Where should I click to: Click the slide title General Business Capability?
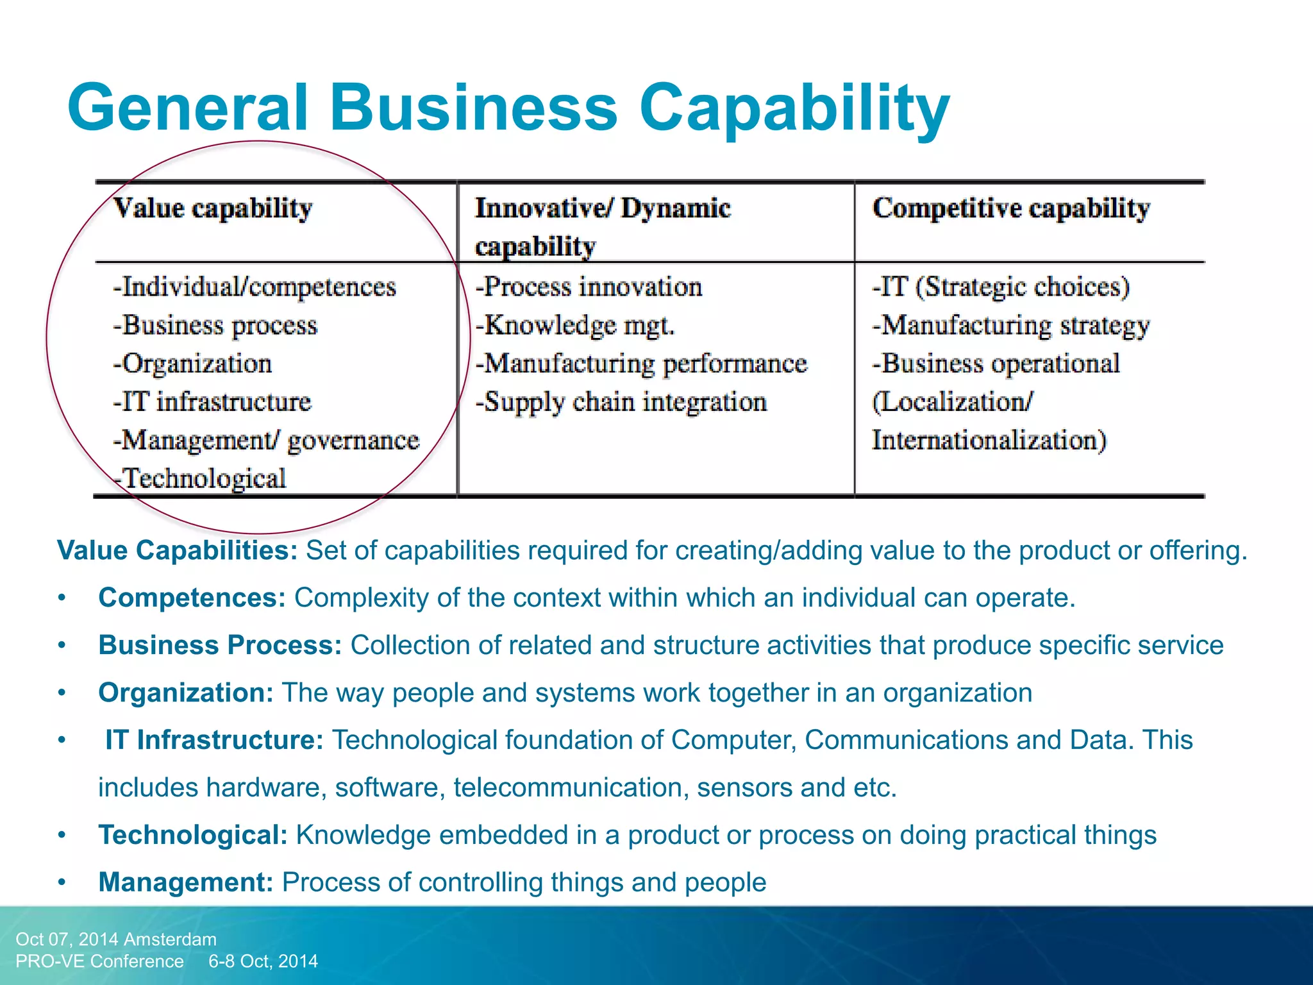[x=508, y=108]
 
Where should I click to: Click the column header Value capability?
[x=213, y=208]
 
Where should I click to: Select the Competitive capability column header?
[x=1011, y=208]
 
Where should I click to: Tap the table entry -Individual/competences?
[x=255, y=287]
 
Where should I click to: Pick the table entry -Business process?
[x=215, y=325]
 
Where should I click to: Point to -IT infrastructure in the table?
[x=212, y=402]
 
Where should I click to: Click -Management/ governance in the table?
[x=266, y=441]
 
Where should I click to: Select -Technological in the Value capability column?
[x=200, y=478]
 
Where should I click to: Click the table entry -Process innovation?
[x=589, y=287]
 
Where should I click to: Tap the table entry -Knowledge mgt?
[x=575, y=325]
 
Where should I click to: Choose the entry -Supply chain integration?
[x=621, y=402]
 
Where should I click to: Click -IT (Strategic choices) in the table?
[x=1001, y=287]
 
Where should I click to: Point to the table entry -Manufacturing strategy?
[x=1011, y=325]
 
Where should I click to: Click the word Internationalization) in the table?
[x=989, y=441]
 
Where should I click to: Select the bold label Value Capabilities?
[x=178, y=550]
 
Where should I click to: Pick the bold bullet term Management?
[x=187, y=882]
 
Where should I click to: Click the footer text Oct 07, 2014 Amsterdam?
[x=116, y=939]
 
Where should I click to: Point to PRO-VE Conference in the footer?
[x=100, y=961]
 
